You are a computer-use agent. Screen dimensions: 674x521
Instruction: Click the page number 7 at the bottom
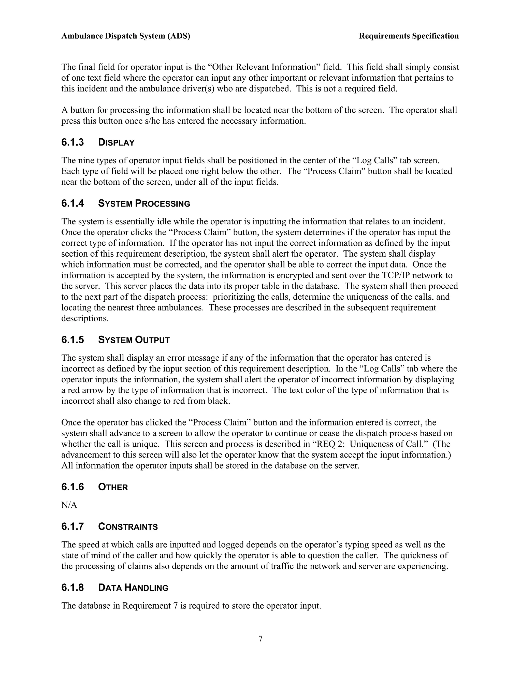click(x=260, y=639)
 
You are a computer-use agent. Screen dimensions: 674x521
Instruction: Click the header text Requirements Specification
click(x=409, y=36)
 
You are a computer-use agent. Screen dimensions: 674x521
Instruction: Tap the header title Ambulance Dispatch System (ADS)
click(x=126, y=36)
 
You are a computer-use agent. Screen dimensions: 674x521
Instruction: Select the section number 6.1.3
click(x=73, y=143)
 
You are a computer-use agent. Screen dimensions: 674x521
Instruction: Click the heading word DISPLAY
click(x=116, y=143)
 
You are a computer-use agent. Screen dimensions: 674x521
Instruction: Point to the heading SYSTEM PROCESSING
click(x=144, y=204)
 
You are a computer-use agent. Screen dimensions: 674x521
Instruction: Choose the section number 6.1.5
click(x=73, y=340)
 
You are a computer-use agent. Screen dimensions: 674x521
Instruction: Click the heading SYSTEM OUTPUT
click(x=134, y=340)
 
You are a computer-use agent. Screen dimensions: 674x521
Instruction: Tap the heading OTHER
click(x=113, y=487)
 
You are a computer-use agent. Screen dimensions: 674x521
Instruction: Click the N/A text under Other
click(x=69, y=505)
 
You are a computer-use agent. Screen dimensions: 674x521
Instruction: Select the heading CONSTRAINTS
click(x=128, y=527)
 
